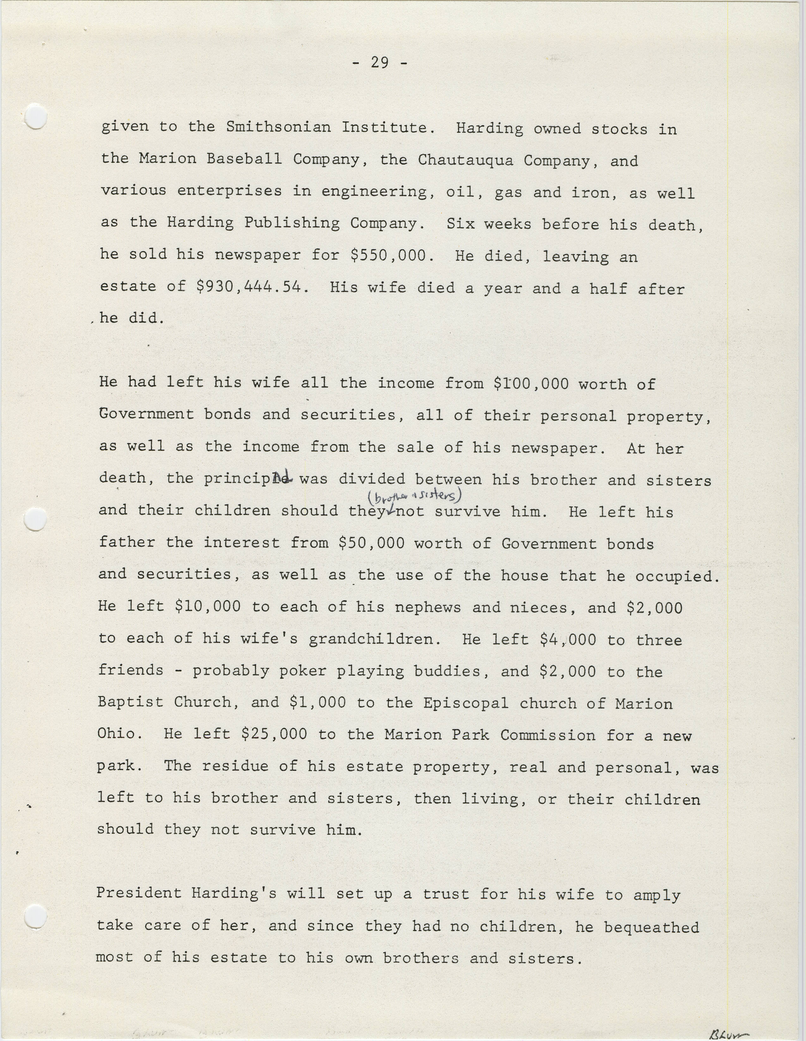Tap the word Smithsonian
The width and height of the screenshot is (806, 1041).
278,127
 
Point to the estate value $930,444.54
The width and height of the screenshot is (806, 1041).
249,287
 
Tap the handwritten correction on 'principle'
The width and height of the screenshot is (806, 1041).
282,475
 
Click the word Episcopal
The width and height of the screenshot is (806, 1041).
466,703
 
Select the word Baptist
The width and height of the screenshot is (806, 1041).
130,701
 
